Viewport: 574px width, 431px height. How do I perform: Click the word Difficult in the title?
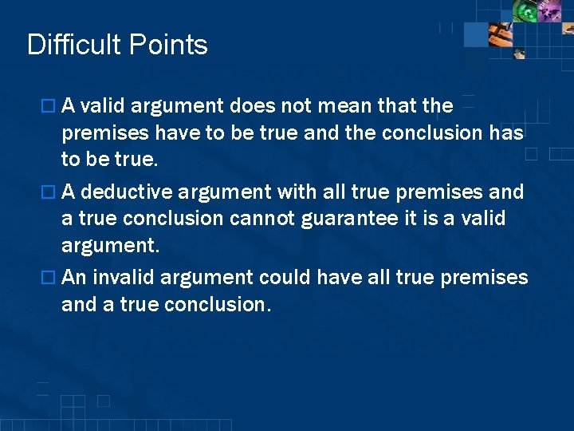click(73, 45)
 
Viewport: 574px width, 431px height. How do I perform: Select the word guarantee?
click(352, 219)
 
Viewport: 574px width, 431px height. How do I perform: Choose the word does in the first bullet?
click(251, 105)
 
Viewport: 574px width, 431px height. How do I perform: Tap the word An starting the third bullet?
click(74, 277)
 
